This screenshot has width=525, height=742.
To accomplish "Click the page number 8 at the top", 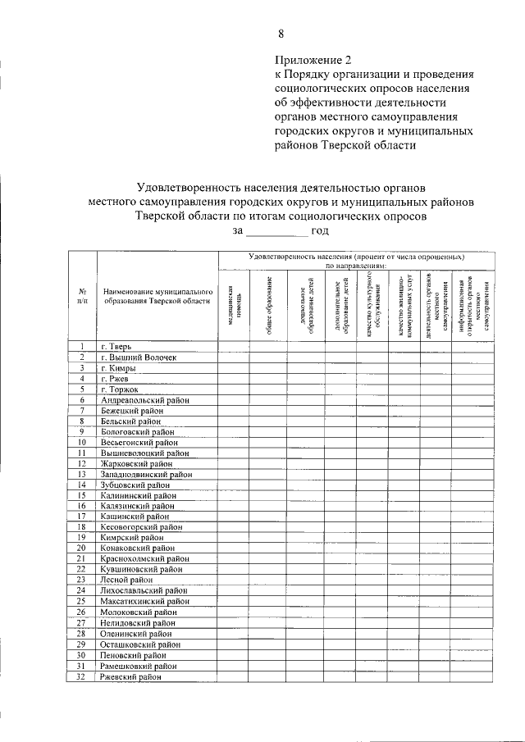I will pos(281,34).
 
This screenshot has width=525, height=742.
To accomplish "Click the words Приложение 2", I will pos(313,60).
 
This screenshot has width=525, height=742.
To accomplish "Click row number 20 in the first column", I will pos(82,549).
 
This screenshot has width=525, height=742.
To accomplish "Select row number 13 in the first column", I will pos(82,474).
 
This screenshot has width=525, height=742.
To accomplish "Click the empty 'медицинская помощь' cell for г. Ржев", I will pos(234,378).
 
